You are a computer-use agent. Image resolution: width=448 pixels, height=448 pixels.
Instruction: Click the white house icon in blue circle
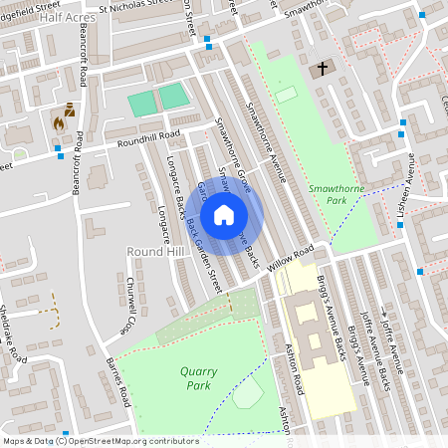[224, 214]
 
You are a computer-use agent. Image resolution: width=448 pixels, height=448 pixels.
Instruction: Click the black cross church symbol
[322, 69]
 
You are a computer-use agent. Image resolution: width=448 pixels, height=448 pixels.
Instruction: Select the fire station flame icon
[59, 124]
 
